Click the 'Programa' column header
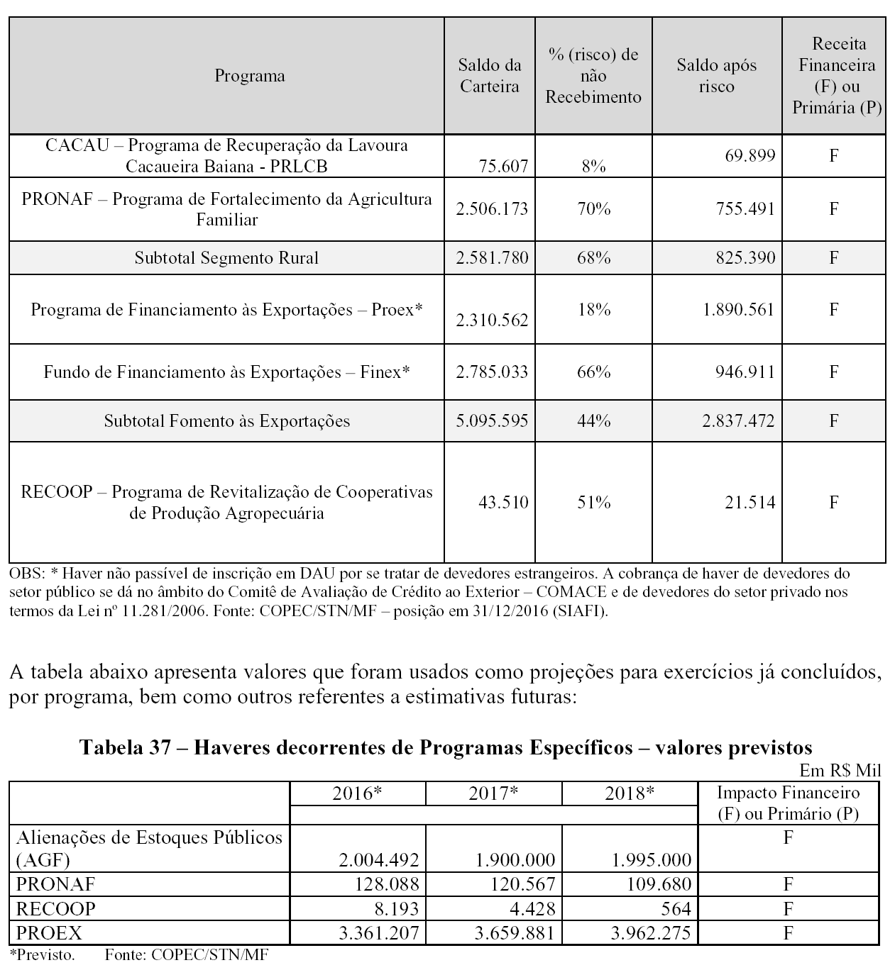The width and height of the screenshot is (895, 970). [x=250, y=76]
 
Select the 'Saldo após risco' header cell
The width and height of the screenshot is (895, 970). [x=716, y=76]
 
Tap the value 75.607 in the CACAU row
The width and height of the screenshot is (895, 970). [x=503, y=166]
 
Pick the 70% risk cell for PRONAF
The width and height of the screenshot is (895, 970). [x=593, y=209]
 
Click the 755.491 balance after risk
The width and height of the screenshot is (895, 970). [x=740, y=209]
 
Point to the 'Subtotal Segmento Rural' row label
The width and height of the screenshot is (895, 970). [x=226, y=257]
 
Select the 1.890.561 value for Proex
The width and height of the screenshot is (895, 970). [x=738, y=310]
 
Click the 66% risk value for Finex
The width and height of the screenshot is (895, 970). [x=593, y=372]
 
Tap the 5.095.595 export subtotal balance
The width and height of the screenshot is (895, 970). [x=492, y=420]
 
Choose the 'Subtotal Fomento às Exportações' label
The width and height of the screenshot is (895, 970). [x=226, y=420]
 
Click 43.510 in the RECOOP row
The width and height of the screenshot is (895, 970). [x=503, y=502]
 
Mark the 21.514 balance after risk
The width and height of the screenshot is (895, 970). [x=750, y=502]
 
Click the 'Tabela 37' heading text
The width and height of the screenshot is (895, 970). [x=446, y=747]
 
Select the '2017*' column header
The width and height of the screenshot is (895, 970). [x=493, y=793]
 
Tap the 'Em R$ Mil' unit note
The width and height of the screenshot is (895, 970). [x=840, y=771]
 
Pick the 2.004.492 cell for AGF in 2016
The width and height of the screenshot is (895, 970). [x=379, y=860]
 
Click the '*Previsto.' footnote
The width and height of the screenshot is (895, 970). [x=43, y=955]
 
